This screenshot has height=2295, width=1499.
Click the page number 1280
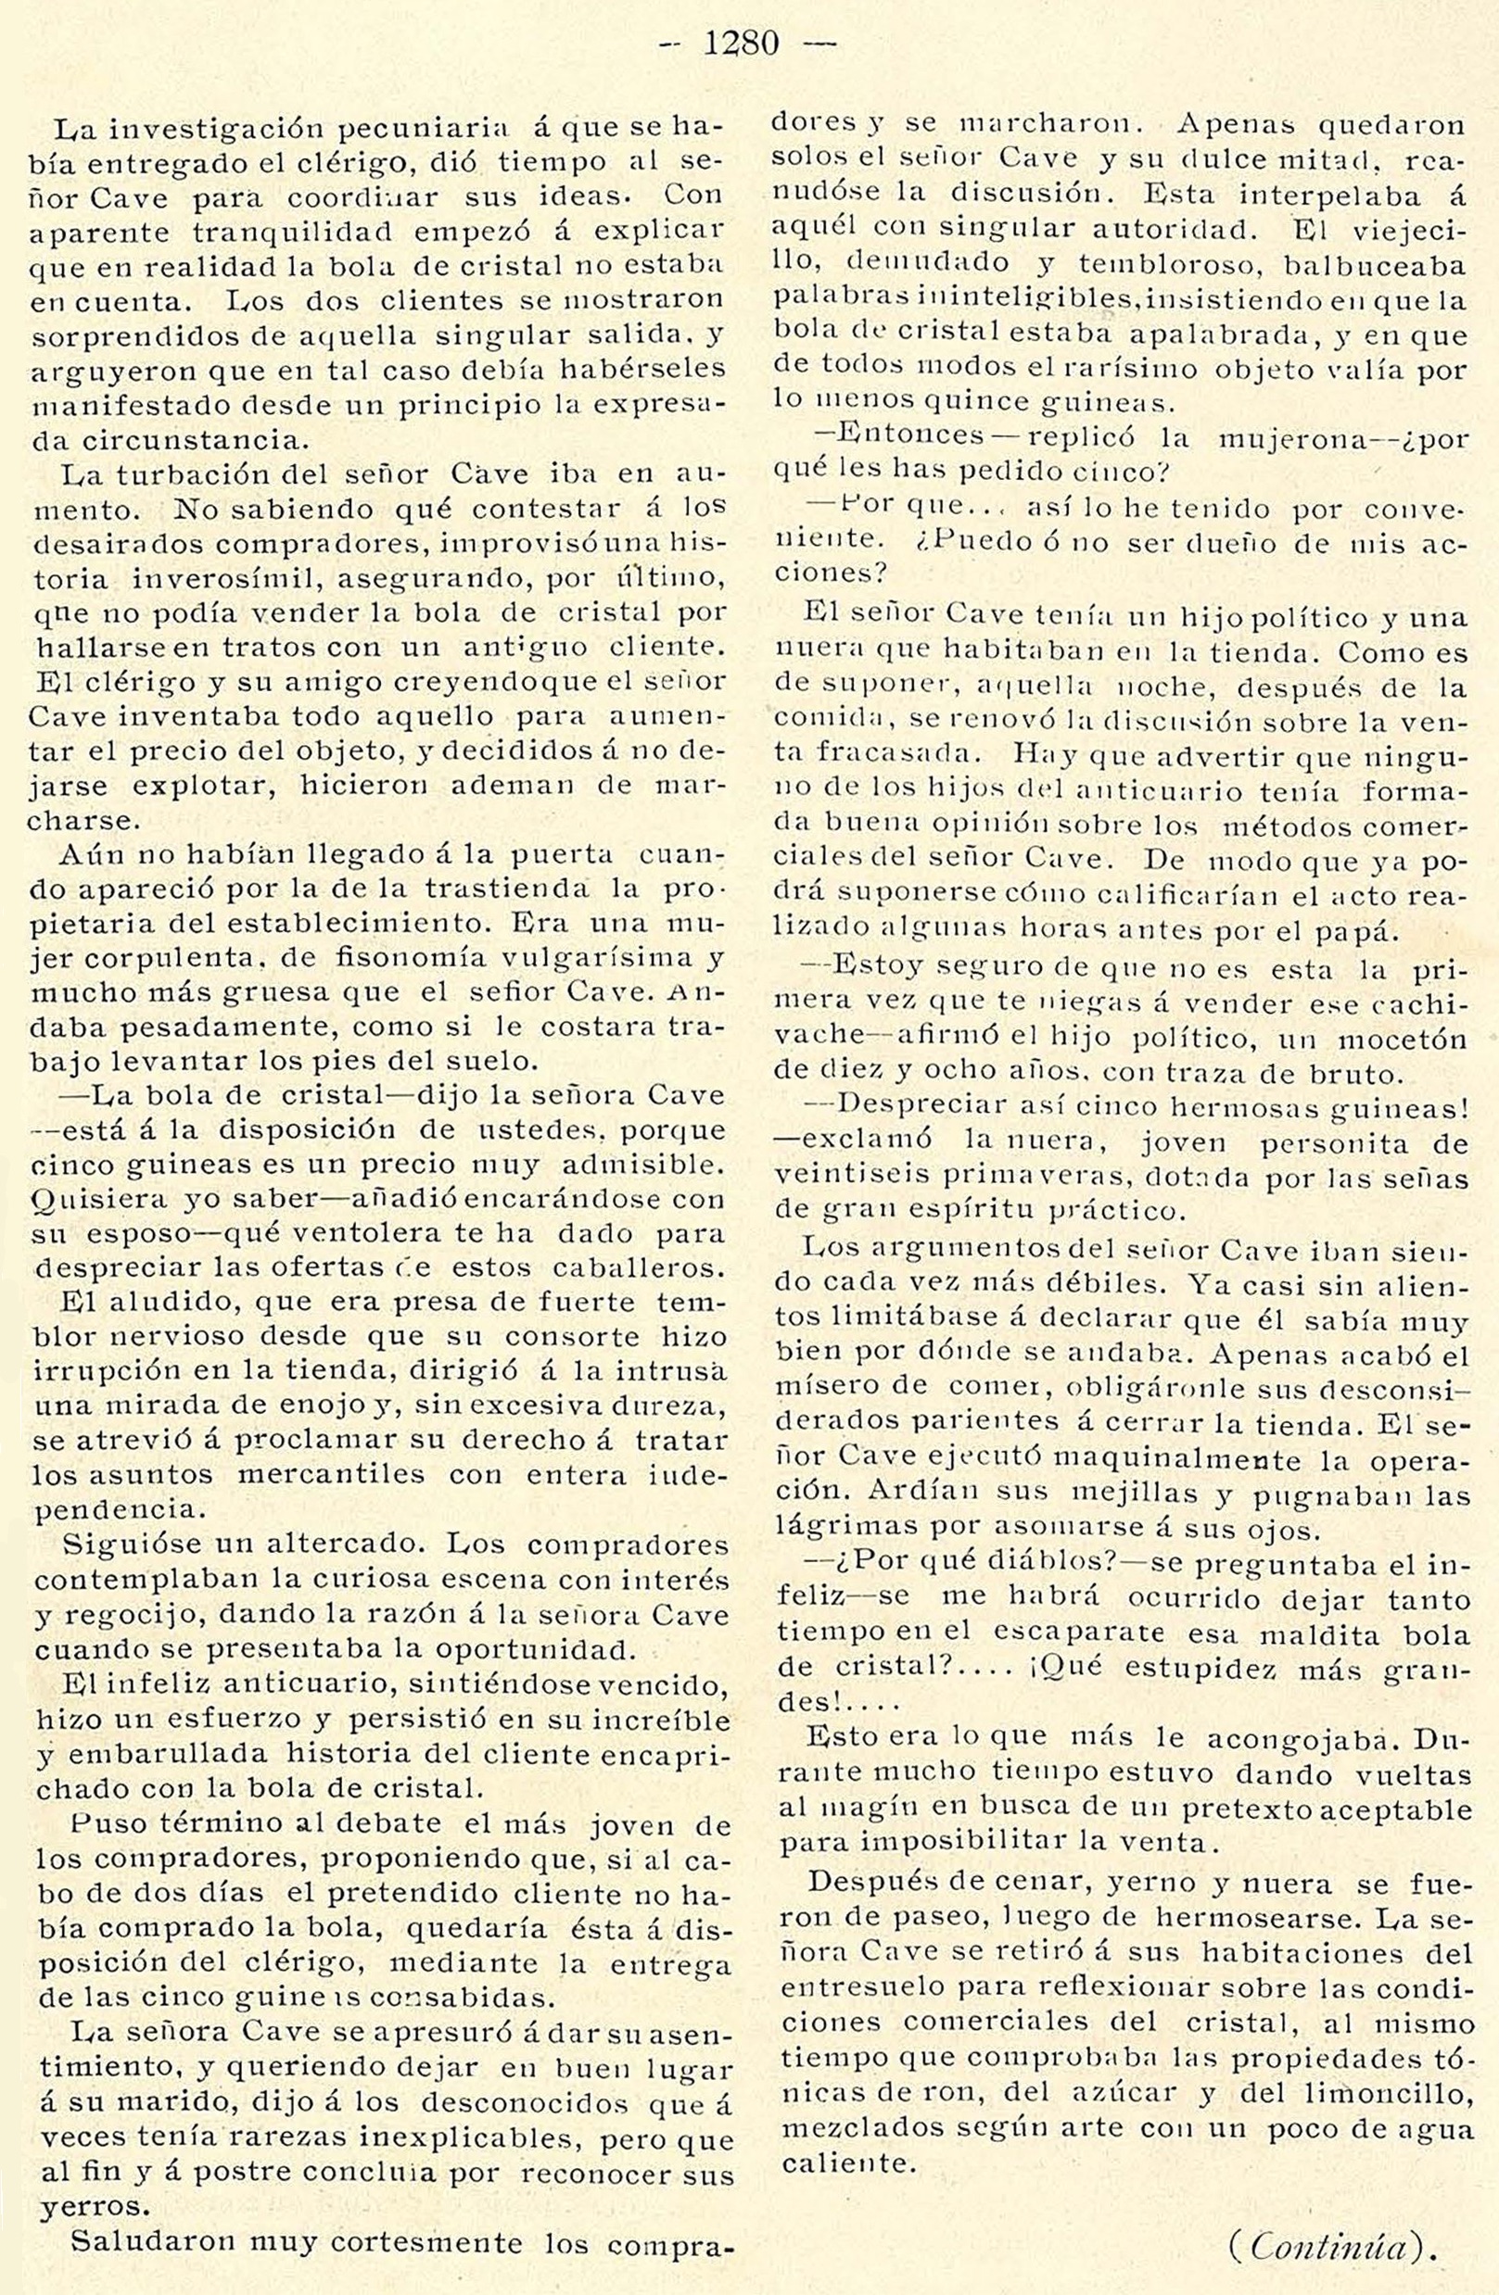coord(741,44)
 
